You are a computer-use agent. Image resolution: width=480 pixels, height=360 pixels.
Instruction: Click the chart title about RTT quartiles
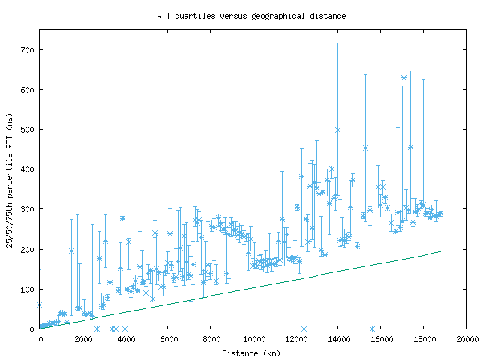click(x=251, y=16)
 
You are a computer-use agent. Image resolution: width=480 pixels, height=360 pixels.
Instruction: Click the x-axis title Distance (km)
click(x=250, y=353)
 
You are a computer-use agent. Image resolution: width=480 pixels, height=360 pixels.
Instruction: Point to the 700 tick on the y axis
click(x=28, y=50)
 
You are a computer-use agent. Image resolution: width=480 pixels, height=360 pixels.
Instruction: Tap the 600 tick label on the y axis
click(x=28, y=90)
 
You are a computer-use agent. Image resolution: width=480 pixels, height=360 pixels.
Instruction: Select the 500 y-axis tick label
click(x=28, y=130)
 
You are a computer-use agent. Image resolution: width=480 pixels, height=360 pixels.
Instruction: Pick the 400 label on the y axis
click(x=28, y=169)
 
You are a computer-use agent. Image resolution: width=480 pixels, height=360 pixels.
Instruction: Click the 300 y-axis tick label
click(x=28, y=209)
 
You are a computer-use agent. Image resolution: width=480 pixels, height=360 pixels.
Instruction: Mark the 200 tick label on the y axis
click(x=28, y=249)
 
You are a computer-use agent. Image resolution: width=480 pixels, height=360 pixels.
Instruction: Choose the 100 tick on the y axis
click(x=28, y=289)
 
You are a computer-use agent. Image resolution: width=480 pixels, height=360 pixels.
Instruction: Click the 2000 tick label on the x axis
click(x=82, y=339)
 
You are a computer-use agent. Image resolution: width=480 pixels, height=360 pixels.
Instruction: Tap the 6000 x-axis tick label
click(x=168, y=339)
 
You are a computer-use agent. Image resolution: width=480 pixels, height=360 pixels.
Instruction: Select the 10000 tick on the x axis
click(x=253, y=339)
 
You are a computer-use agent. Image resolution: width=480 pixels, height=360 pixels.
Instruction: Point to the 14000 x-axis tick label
click(x=338, y=339)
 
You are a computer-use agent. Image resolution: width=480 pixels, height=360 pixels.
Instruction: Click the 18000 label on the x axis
click(x=424, y=339)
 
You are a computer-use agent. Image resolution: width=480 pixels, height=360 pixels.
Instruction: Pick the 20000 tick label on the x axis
click(x=466, y=339)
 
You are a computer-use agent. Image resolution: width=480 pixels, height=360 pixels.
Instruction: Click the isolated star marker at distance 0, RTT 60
click(x=40, y=305)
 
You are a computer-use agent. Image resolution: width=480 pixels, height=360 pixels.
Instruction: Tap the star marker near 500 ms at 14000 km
click(x=338, y=130)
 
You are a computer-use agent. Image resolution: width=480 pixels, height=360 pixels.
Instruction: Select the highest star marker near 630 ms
click(x=403, y=78)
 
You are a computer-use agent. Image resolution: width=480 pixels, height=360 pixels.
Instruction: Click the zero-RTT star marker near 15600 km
click(x=373, y=328)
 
